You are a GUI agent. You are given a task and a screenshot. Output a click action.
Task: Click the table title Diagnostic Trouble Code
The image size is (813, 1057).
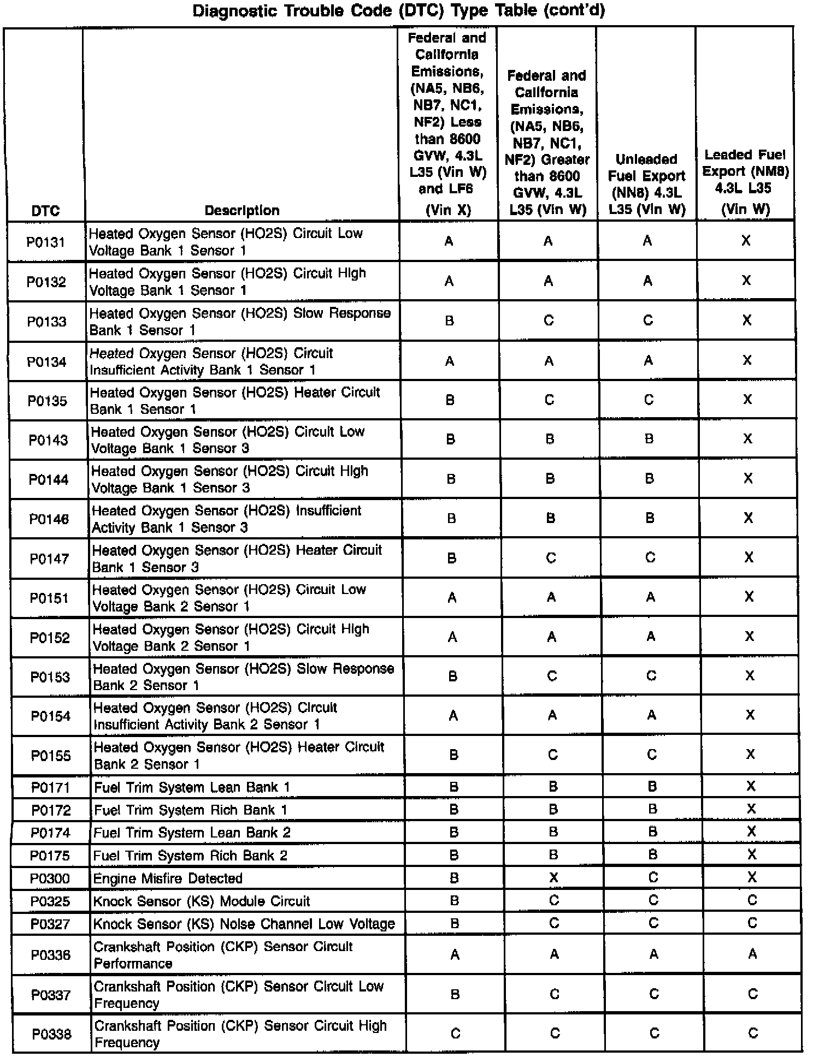coord(399,11)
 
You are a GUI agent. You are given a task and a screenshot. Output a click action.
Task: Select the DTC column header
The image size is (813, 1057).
coord(45,211)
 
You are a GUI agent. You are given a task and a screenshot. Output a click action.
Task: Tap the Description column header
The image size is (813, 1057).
coord(242,211)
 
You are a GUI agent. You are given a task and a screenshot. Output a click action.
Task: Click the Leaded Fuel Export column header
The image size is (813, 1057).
coord(745,180)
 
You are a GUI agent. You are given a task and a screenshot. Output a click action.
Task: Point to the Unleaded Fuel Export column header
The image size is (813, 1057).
coord(646,185)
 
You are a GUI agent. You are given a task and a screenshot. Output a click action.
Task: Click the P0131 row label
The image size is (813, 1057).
coord(46,242)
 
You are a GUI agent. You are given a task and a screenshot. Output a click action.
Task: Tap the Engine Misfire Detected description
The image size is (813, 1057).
coord(168,878)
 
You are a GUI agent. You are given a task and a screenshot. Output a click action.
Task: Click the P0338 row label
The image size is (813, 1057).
coord(52,1034)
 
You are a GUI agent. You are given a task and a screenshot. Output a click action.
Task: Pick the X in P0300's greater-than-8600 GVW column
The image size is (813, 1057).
coord(553,877)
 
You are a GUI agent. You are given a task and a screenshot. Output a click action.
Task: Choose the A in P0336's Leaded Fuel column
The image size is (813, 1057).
coord(752,954)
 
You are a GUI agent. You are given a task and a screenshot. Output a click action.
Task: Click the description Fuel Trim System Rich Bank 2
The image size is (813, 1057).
coord(190,856)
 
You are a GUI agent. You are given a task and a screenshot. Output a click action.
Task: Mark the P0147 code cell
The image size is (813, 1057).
coord(49,559)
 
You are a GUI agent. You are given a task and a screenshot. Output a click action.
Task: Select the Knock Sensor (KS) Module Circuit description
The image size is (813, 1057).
coord(202,901)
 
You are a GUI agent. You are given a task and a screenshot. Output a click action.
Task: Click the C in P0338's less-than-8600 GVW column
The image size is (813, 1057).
coord(455,1034)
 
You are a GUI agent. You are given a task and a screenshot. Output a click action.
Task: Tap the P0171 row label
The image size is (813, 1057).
coord(51,787)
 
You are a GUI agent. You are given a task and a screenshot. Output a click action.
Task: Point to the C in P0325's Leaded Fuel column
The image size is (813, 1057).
coord(752,900)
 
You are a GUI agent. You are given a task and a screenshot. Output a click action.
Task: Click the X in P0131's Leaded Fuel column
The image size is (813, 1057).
coord(746,241)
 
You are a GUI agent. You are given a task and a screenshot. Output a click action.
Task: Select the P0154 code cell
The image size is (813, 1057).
coord(50,716)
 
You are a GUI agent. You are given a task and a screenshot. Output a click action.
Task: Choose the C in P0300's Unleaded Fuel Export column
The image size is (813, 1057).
coord(653,877)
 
